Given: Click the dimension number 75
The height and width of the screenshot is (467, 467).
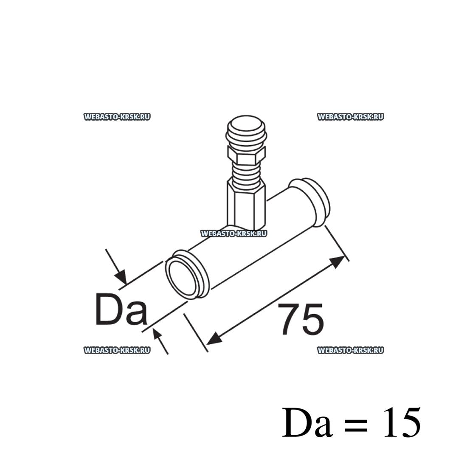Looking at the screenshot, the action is click(x=301, y=319).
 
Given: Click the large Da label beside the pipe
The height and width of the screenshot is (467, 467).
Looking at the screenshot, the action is click(x=121, y=309).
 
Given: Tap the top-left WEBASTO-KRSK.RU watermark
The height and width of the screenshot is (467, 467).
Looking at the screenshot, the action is click(x=117, y=117).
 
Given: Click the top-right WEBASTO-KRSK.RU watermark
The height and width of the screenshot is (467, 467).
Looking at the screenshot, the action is click(x=351, y=117).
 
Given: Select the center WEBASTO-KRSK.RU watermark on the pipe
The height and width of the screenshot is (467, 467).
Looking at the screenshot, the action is click(x=234, y=233).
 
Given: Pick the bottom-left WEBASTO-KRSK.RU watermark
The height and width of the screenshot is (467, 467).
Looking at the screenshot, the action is click(x=117, y=350).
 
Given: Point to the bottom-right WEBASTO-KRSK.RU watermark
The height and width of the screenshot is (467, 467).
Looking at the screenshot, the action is click(x=351, y=350).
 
